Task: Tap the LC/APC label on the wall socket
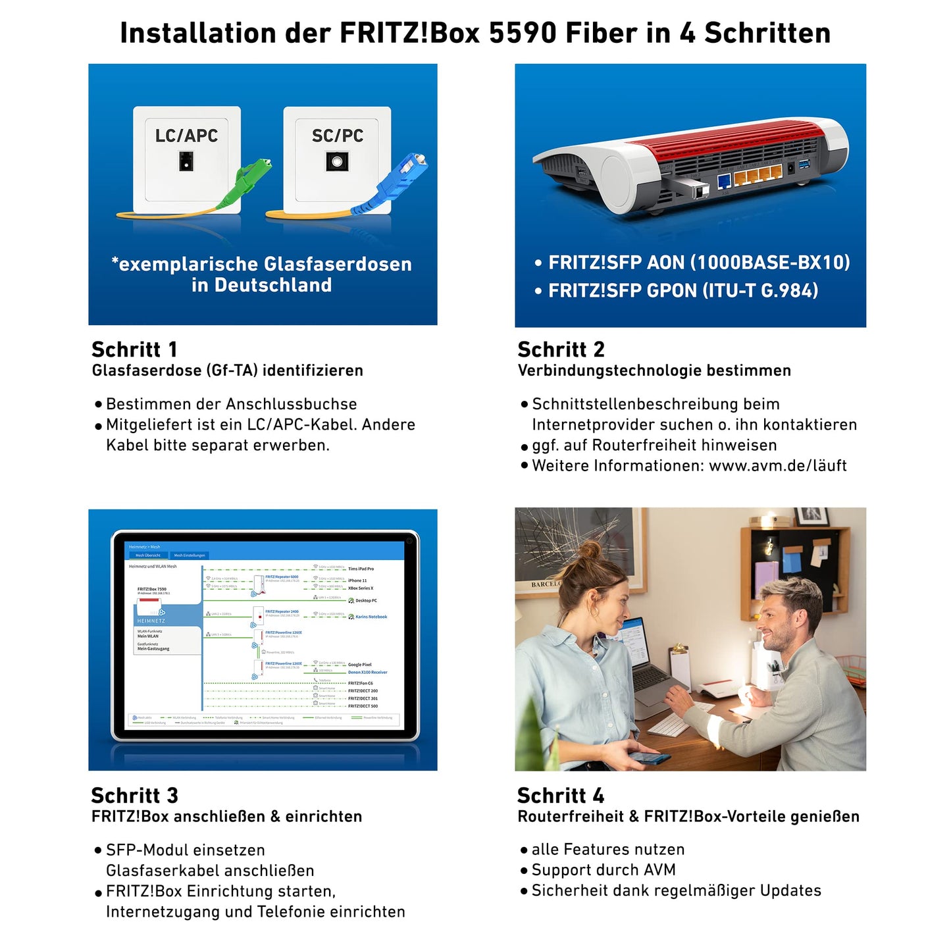click(186, 136)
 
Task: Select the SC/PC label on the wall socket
click(337, 136)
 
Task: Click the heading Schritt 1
click(134, 349)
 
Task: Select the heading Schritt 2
click(561, 349)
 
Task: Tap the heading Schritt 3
click(134, 795)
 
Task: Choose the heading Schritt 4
click(561, 795)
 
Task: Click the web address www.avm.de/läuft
click(777, 466)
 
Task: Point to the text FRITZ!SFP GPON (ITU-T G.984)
click(683, 290)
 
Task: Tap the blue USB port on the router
click(804, 165)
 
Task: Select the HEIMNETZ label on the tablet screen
click(151, 621)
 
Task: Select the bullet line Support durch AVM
click(603, 870)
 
